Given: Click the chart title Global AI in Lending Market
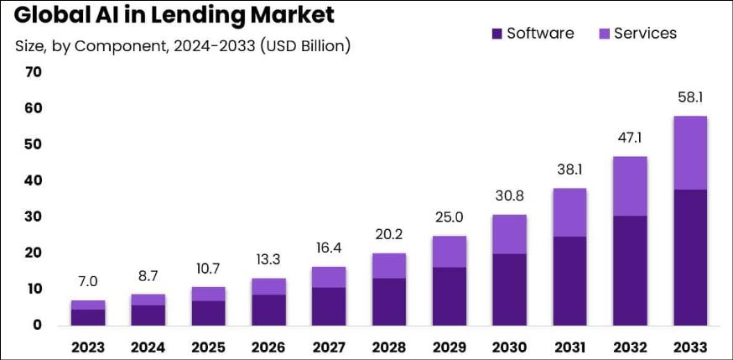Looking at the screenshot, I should coord(174,15).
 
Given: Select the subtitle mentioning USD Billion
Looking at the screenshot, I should coord(183,45).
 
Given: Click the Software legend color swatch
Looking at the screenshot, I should coord(496,34).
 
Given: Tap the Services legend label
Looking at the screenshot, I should coord(645,34).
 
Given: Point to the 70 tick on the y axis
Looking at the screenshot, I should coord(34,72).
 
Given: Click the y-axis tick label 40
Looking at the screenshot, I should coord(34,180).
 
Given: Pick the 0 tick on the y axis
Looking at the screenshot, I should coord(38,325).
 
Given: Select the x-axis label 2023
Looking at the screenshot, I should coord(88,347).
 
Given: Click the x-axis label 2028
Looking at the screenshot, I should coord(389,347).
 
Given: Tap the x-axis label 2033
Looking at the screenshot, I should coord(690,347).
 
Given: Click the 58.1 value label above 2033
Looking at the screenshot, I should coord(690,98).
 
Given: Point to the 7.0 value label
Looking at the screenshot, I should coord(88,282).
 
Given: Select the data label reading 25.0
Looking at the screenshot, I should coord(450,217).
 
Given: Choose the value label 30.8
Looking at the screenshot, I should coord(510,196).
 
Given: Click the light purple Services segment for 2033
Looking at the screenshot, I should coord(690,153).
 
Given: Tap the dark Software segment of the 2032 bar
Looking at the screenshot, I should coord(630,270).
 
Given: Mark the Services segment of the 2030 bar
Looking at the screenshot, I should coord(510,234).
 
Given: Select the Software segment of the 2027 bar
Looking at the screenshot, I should coord(329,306).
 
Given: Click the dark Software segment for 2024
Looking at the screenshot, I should coord(148,315).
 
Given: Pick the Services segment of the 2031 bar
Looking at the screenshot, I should coord(569,212).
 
